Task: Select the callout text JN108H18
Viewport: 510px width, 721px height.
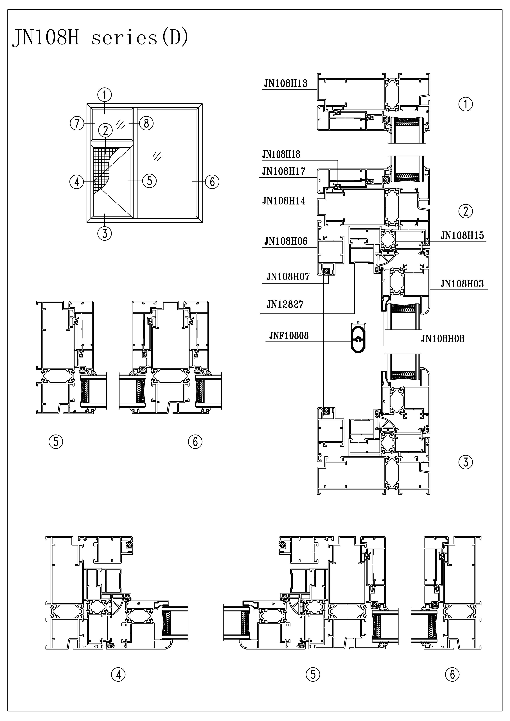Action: click(281, 154)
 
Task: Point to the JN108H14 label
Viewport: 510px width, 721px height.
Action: click(284, 201)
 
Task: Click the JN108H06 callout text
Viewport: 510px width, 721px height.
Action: click(286, 242)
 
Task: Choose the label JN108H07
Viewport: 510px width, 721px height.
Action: click(288, 277)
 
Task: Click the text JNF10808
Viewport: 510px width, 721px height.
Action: click(289, 336)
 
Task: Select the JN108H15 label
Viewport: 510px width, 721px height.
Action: click(462, 236)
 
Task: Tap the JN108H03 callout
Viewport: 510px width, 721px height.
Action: click(462, 284)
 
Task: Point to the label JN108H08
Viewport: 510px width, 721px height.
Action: click(443, 339)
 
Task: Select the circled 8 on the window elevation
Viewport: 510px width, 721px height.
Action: click(146, 123)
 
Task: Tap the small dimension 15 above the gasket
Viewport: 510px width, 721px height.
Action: click(358, 322)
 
